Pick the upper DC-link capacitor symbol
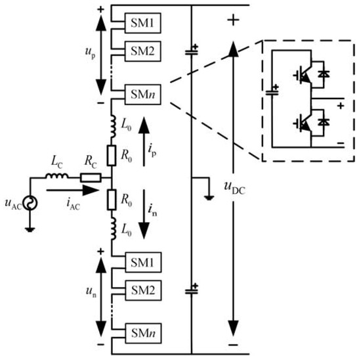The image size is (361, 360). [192, 49]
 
